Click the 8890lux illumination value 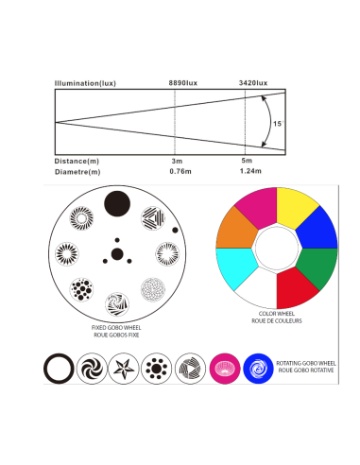tap(183, 83)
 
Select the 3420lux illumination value tap(253, 83)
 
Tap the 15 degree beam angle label tap(278, 124)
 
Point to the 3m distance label tap(177, 161)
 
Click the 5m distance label tap(247, 161)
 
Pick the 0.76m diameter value tap(180, 171)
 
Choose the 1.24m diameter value tap(250, 171)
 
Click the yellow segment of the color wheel tap(296, 206)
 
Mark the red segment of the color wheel tap(295, 288)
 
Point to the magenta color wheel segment tap(258, 206)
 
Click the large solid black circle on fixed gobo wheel tap(117, 203)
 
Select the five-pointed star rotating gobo tap(124, 369)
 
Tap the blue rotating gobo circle tap(258, 369)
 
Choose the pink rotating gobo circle tap(225, 369)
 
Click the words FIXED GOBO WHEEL tap(116, 328)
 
